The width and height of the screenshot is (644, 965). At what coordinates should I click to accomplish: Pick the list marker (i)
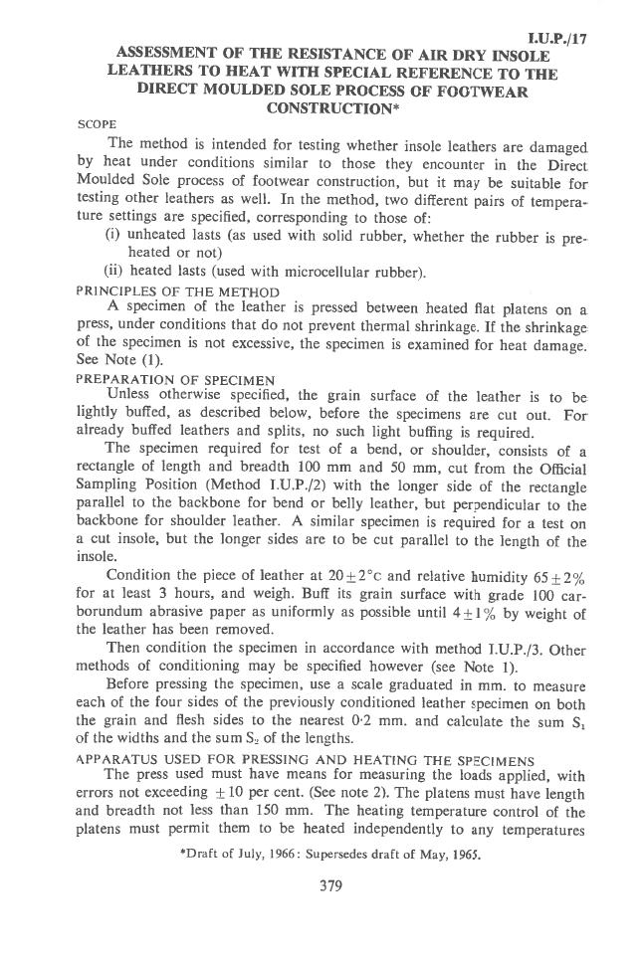[113, 236]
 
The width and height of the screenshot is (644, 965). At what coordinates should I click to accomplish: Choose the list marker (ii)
[115, 271]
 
